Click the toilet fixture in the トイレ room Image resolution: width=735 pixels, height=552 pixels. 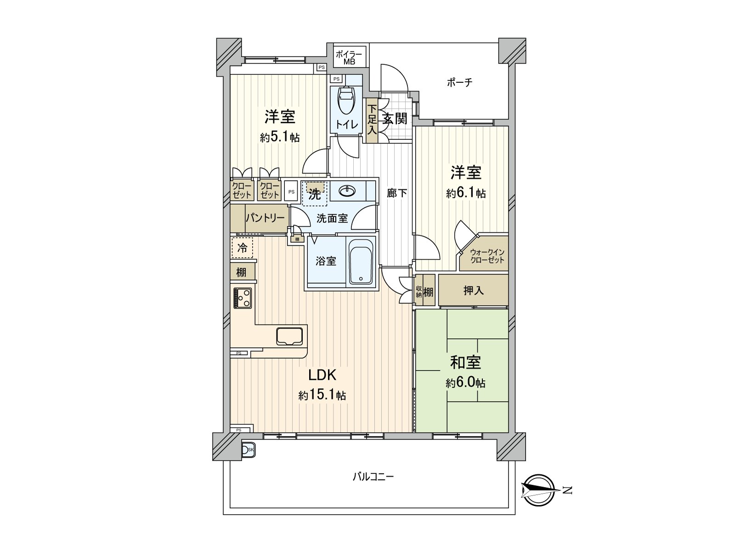pos(346,101)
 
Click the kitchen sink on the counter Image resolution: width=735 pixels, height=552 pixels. pos(289,336)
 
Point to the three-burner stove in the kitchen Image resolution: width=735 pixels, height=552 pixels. pos(243,298)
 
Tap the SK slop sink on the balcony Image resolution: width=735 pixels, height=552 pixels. pos(248,450)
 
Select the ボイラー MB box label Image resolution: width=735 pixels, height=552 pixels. pos(349,57)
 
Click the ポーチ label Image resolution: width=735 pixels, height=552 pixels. pos(459,82)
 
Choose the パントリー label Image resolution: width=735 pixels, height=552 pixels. pos(265,218)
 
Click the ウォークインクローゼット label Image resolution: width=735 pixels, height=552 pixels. pos(487,256)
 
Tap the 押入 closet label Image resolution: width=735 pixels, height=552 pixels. pos(474,291)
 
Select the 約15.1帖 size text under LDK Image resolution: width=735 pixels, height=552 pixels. pos(322,396)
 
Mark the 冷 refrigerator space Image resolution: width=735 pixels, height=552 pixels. pos(242,248)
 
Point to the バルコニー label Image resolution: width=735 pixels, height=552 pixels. pos(373,477)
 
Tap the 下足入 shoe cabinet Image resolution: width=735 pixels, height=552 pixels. pos(372,121)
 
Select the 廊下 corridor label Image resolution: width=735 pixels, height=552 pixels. pos(397,193)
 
